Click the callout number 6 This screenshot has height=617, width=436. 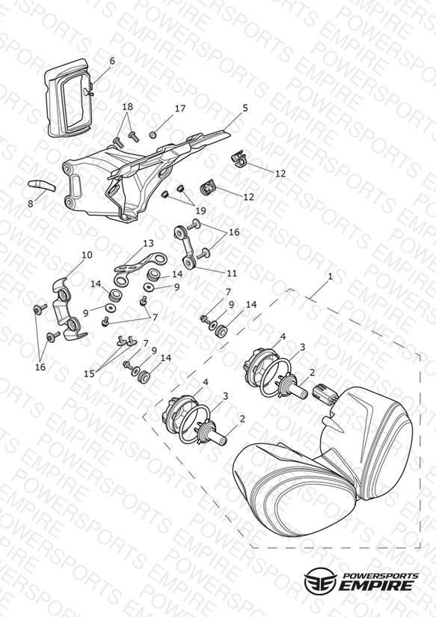click(x=112, y=61)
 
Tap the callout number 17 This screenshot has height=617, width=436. click(x=180, y=109)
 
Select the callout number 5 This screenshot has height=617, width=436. click(x=245, y=108)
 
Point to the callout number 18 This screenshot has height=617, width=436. click(x=127, y=106)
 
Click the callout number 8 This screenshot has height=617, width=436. click(x=31, y=204)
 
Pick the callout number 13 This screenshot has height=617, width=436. click(x=148, y=243)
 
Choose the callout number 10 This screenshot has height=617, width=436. click(x=87, y=255)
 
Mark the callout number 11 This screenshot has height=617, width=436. click(x=232, y=273)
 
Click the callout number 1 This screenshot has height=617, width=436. click(x=331, y=276)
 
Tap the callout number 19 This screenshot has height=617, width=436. click(x=200, y=210)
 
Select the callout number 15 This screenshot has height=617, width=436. click(x=89, y=374)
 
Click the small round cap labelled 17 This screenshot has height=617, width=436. click(x=153, y=135)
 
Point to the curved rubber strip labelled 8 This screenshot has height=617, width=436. click(x=42, y=185)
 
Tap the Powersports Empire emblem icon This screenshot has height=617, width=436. click(x=320, y=580)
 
